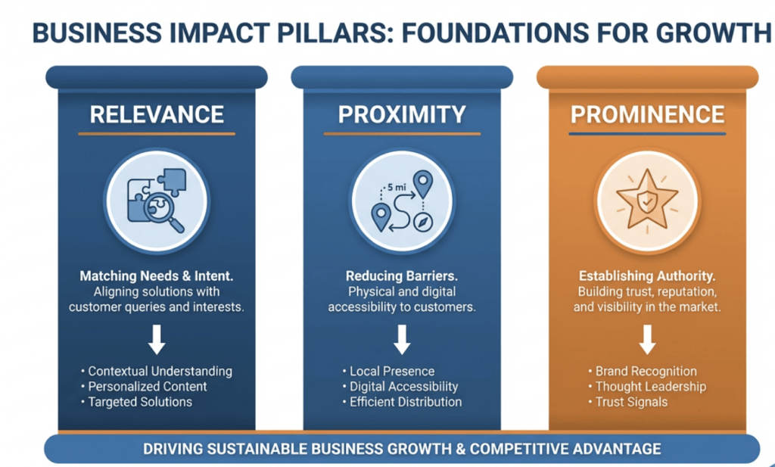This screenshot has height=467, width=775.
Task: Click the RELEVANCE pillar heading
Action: click(x=157, y=114)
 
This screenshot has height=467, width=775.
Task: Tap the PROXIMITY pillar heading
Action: click(x=402, y=114)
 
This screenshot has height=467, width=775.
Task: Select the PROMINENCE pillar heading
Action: click(x=648, y=114)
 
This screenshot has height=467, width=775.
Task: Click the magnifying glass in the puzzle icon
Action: click(x=163, y=212)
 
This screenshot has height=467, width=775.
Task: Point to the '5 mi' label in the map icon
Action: click(x=397, y=188)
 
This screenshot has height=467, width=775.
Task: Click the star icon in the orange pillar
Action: click(x=647, y=200)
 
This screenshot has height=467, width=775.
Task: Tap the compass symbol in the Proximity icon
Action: click(x=423, y=223)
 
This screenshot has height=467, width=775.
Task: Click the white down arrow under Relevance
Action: click(x=157, y=340)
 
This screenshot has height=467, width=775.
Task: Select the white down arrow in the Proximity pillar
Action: click(x=402, y=340)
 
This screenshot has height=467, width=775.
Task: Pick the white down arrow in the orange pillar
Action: click(x=648, y=340)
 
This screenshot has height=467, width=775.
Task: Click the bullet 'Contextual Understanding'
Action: click(x=157, y=371)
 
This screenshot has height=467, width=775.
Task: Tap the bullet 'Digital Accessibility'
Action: click(x=400, y=387)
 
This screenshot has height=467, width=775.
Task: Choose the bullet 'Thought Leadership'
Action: click(x=647, y=387)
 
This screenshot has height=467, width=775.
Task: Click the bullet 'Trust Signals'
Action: click(x=627, y=402)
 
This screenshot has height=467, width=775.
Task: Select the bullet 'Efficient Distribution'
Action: click(x=402, y=402)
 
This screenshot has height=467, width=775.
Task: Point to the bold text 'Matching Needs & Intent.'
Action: click(x=157, y=276)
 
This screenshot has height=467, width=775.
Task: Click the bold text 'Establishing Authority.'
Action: click(x=647, y=276)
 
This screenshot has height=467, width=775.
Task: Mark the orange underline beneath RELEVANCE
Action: click(x=157, y=134)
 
